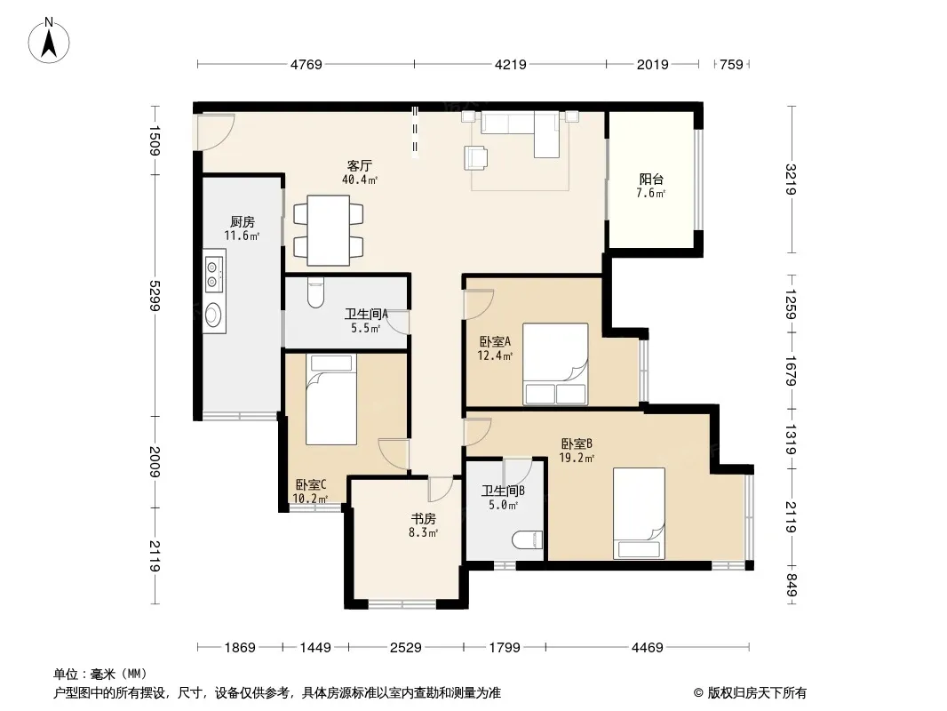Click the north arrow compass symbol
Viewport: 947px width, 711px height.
[49, 41]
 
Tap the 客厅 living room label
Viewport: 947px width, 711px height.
[360, 165]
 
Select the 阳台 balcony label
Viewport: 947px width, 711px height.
[651, 179]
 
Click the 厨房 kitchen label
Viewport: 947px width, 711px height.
[243, 221]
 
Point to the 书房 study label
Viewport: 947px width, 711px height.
[424, 518]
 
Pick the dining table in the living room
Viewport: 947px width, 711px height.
[328, 230]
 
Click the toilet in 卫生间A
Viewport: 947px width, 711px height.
[316, 292]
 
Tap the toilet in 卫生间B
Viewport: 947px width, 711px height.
[528, 539]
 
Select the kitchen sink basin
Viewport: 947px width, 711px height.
[212, 315]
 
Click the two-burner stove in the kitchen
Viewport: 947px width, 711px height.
[213, 274]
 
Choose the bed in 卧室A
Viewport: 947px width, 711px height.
[555, 363]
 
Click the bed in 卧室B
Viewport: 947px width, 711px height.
[639, 514]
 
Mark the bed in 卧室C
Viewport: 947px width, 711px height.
[331, 399]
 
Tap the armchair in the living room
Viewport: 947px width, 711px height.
[476, 157]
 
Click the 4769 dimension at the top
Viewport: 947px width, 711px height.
[306, 64]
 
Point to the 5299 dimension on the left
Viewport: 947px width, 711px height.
[155, 295]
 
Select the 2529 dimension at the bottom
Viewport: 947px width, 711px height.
[406, 648]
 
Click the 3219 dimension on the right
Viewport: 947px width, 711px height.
[792, 180]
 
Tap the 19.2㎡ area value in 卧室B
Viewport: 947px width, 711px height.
[577, 458]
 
